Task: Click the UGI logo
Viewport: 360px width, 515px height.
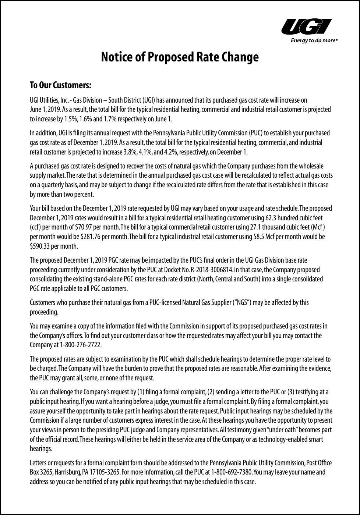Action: (x=307, y=27)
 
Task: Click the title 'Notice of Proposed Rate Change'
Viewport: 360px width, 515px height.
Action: (x=180, y=57)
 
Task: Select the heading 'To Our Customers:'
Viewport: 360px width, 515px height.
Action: (x=60, y=85)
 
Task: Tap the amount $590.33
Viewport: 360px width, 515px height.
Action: (x=39, y=246)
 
